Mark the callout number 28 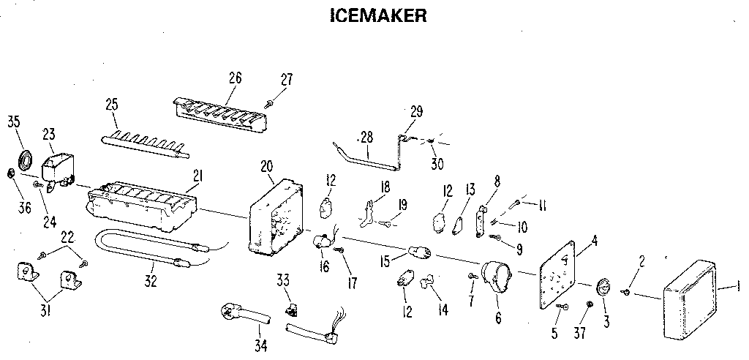pos(366,137)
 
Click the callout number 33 pos(283,279)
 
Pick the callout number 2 pos(642,261)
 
